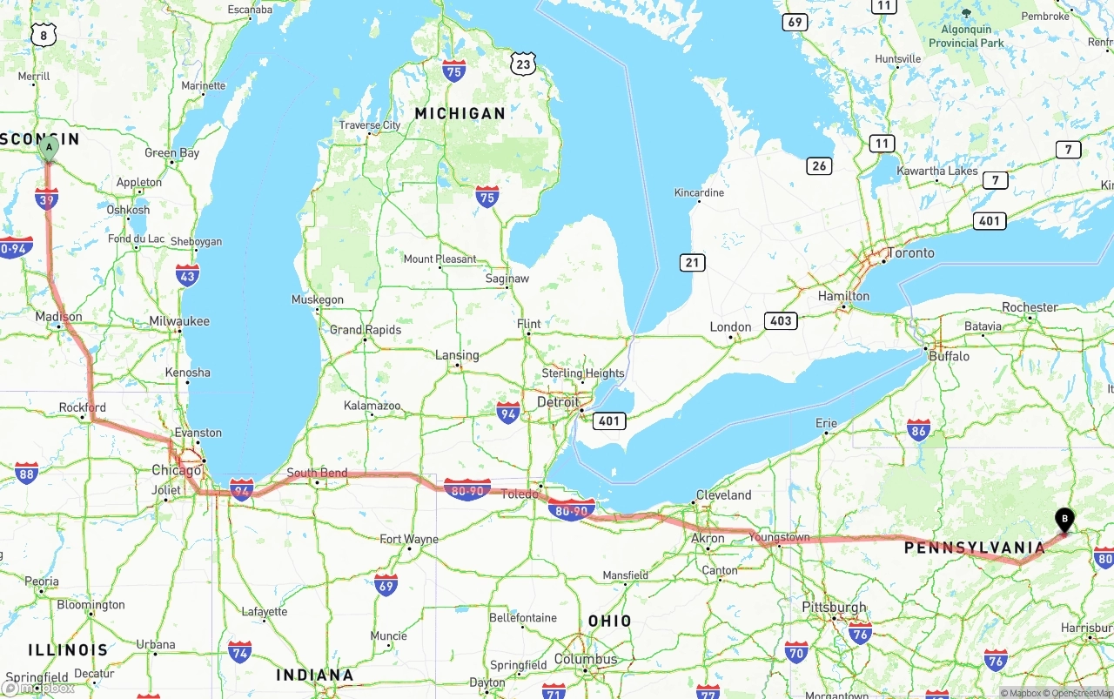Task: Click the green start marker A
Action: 49,148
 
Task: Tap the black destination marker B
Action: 1064,519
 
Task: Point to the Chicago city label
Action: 177,470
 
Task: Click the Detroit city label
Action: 557,402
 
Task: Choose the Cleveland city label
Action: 723,494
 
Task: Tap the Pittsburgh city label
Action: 834,608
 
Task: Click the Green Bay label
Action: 171,153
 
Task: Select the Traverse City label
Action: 370,125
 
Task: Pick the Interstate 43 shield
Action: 187,276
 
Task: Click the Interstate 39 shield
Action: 47,199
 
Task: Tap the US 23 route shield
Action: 522,64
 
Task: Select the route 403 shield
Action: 781,320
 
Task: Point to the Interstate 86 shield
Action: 918,429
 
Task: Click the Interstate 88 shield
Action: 27,473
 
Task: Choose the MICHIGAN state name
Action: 460,113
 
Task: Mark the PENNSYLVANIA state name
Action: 974,548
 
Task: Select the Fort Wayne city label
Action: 409,540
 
